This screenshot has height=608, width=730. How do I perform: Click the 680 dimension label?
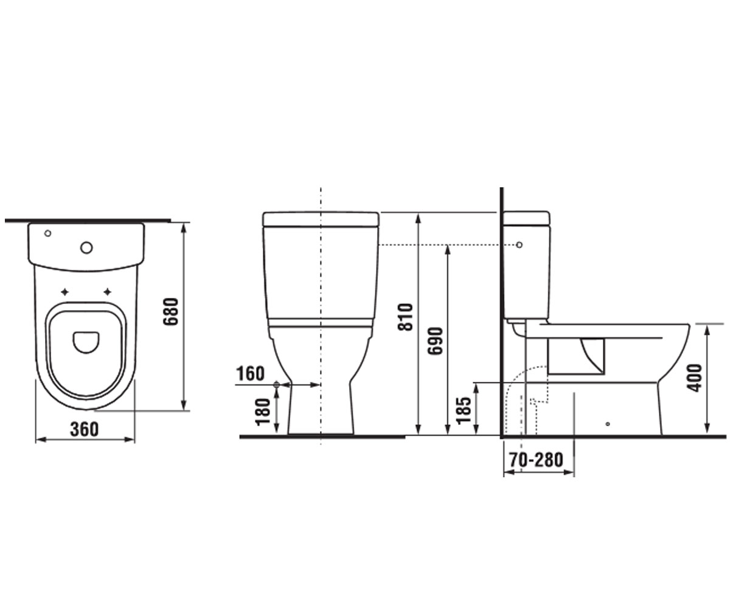click(x=172, y=312)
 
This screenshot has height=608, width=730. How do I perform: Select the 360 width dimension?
click(x=85, y=429)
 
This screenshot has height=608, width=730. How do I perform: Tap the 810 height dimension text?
click(x=406, y=317)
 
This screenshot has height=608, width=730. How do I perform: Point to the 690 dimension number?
click(x=436, y=340)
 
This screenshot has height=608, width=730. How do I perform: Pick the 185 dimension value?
click(x=465, y=410)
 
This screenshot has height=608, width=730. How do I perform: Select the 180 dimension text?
click(x=263, y=412)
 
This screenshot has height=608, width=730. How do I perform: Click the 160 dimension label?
click(x=250, y=373)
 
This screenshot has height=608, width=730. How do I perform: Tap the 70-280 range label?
click(x=536, y=460)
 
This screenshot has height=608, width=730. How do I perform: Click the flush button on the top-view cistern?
click(x=86, y=247)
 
